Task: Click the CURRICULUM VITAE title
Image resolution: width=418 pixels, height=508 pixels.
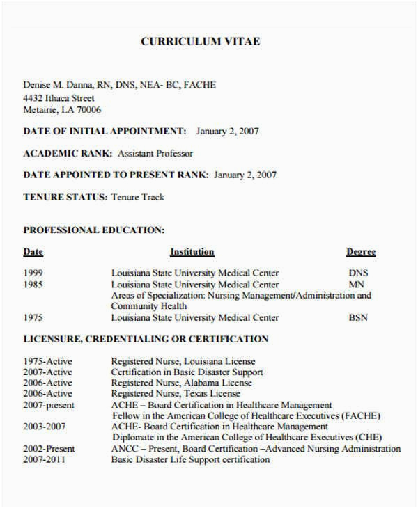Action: tap(200, 42)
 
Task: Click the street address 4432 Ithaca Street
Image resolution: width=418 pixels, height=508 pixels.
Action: tap(59, 97)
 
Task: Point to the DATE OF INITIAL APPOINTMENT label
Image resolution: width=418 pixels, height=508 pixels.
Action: tap(104, 131)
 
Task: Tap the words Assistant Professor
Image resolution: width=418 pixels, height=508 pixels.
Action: tap(155, 153)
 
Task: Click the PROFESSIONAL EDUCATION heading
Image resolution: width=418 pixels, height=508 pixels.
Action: tap(94, 230)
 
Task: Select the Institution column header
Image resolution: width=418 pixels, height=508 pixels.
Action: tap(192, 252)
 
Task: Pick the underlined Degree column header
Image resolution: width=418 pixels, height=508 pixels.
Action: tap(360, 252)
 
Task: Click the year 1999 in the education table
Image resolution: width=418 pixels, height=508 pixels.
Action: tap(33, 273)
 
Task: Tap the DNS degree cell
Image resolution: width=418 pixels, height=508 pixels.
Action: tap(358, 273)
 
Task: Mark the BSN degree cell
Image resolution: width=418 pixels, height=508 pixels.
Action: tap(358, 318)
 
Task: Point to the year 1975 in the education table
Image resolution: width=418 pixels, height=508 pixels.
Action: tap(33, 318)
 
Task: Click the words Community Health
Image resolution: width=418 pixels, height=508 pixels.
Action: tap(149, 306)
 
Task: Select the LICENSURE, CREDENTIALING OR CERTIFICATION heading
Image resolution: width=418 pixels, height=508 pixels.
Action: tap(146, 340)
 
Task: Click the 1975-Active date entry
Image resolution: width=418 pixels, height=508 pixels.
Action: tap(47, 362)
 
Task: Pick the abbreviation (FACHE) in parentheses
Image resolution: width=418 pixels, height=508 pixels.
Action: tap(362, 416)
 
